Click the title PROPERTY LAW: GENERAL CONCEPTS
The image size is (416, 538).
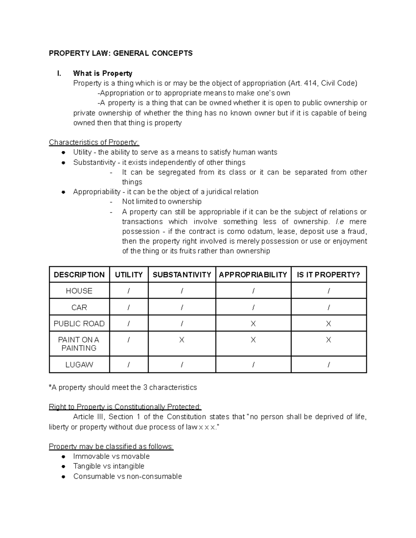click(x=120, y=53)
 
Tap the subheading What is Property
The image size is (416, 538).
click(x=103, y=73)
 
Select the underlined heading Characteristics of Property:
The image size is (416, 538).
click(x=94, y=142)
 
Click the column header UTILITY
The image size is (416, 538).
click(x=129, y=275)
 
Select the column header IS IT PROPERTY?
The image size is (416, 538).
click(x=328, y=275)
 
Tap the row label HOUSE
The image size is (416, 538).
click(x=79, y=291)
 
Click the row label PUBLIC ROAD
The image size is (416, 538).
click(x=79, y=324)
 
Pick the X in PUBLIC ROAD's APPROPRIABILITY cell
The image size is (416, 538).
click(x=253, y=324)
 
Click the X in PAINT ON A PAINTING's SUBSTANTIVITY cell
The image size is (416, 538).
click(x=182, y=340)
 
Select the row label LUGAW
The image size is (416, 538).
click(x=79, y=365)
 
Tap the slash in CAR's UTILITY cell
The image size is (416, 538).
click(x=129, y=308)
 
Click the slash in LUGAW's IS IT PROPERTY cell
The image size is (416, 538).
click(x=329, y=365)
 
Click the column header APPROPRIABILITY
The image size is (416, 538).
click(x=253, y=275)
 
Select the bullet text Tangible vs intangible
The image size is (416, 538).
click(x=109, y=466)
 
